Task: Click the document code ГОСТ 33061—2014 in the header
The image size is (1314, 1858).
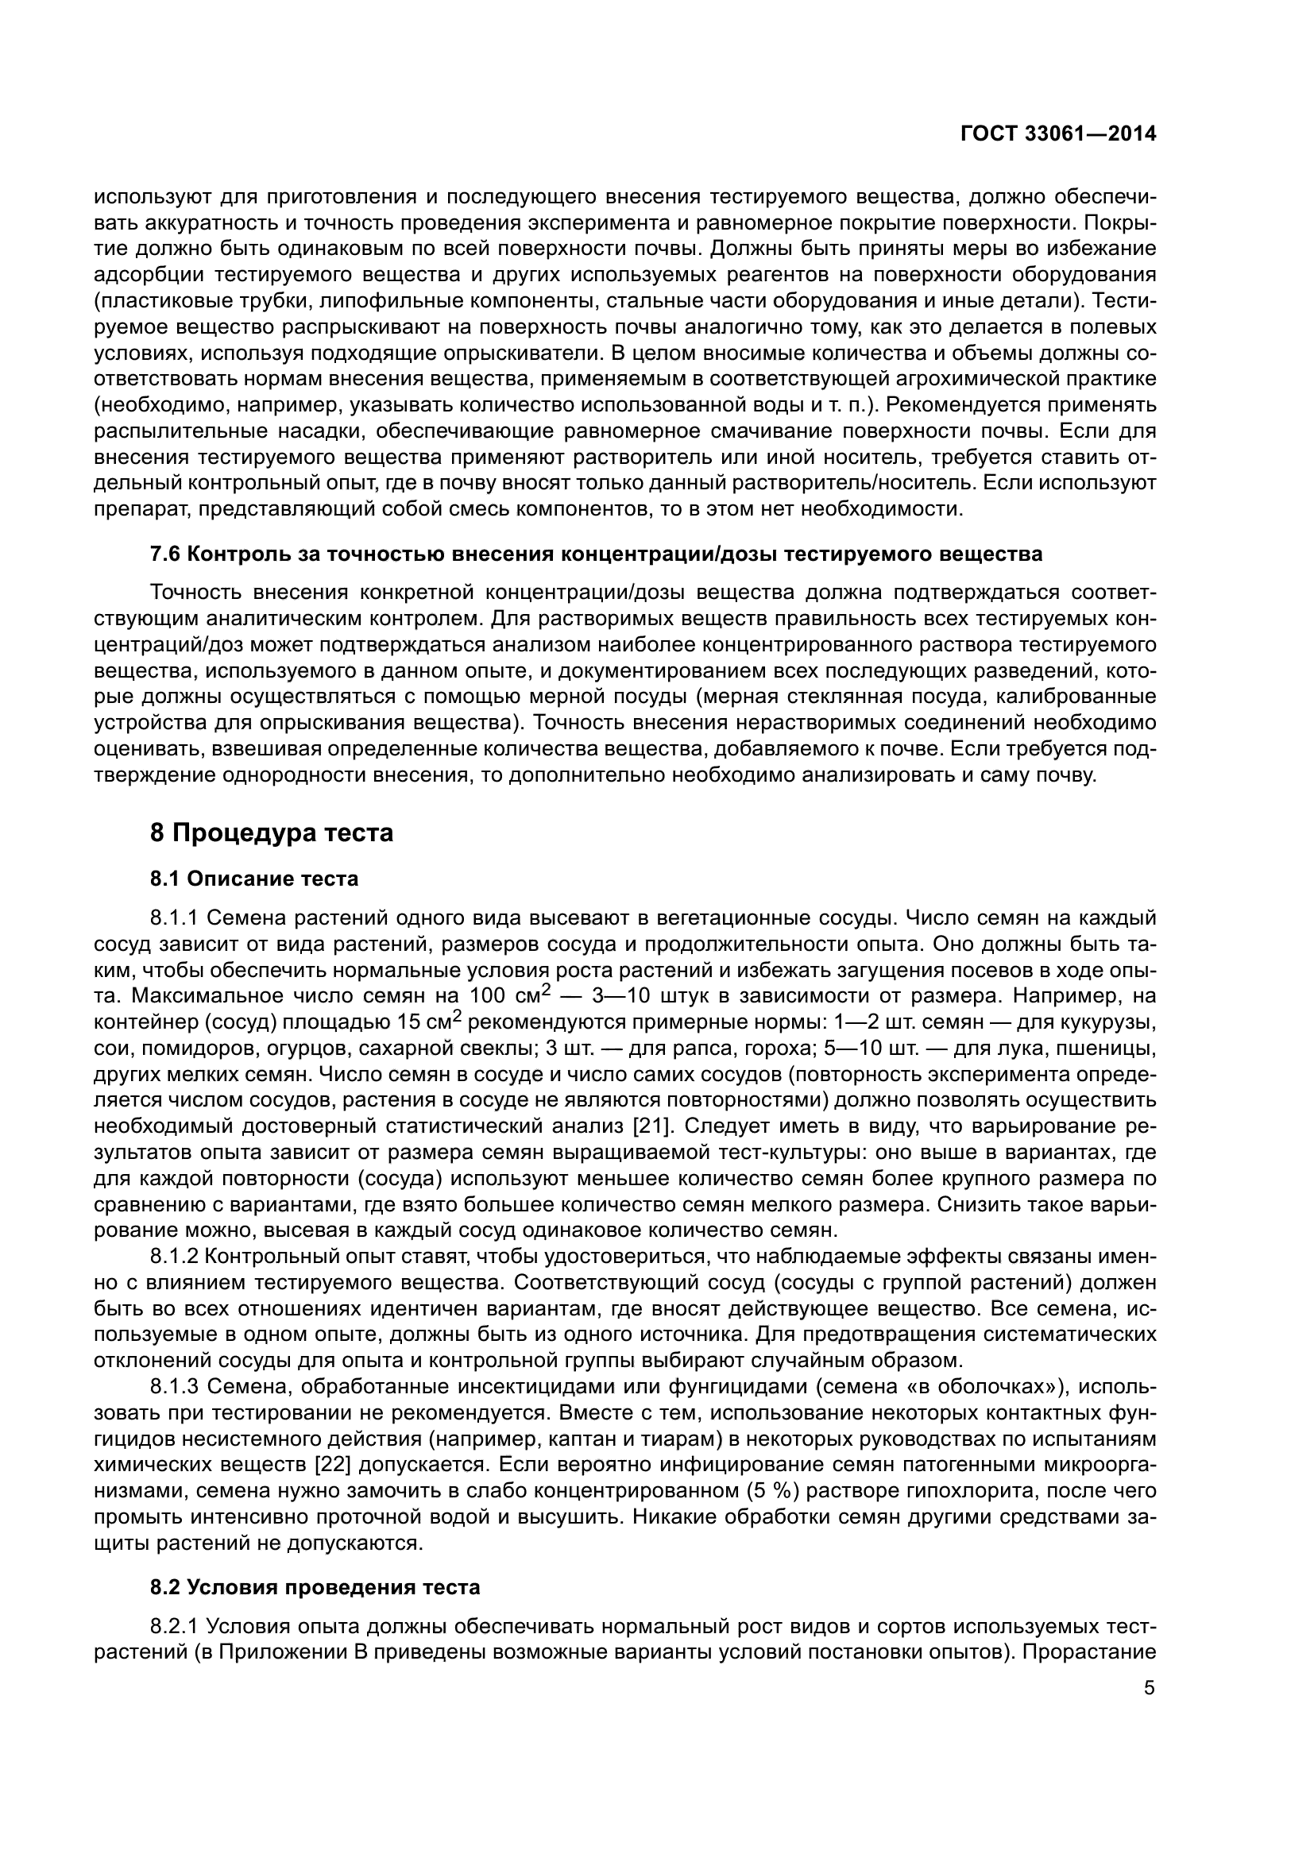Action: point(1058,134)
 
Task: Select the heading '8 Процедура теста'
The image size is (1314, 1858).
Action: point(271,832)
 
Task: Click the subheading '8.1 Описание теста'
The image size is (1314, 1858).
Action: point(254,878)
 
